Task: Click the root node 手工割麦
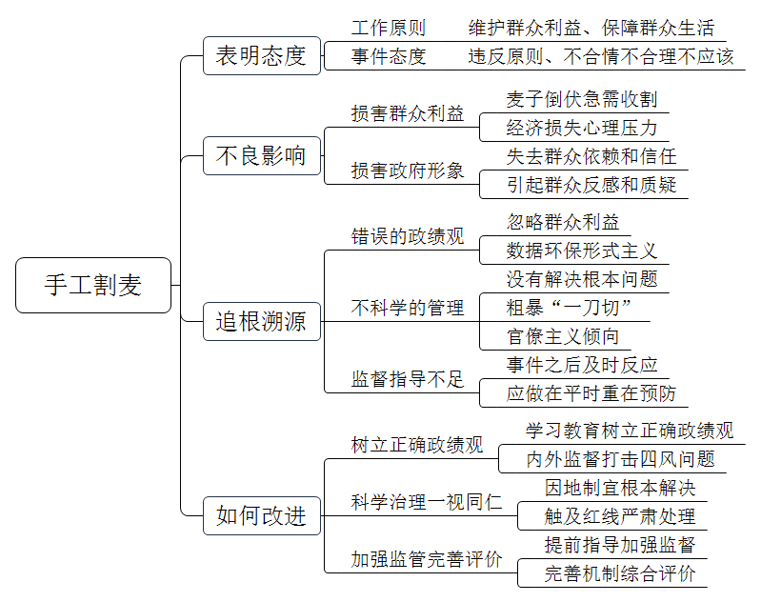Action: pyautogui.click(x=93, y=285)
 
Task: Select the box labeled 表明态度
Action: pyautogui.click(x=262, y=56)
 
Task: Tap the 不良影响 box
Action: pyautogui.click(x=262, y=156)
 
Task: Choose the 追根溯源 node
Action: pyautogui.click(x=262, y=321)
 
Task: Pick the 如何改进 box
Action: pyautogui.click(x=262, y=515)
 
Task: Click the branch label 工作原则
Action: pyautogui.click(x=389, y=28)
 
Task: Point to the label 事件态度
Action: pyautogui.click(x=389, y=56)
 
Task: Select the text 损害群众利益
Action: pyautogui.click(x=408, y=113)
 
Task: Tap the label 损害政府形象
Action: pyautogui.click(x=408, y=171)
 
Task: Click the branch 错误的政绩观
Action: pyautogui.click(x=408, y=236)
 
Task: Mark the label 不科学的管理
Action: pyautogui.click(x=408, y=308)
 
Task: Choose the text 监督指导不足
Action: pyautogui.click(x=408, y=379)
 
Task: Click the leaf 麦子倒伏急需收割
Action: pyautogui.click(x=581, y=99)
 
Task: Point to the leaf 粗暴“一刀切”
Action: pyautogui.click(x=569, y=308)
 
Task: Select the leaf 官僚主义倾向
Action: pyautogui.click(x=563, y=336)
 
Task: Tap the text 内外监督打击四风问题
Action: pyautogui.click(x=620, y=459)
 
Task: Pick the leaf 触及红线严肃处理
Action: pyautogui.click(x=620, y=516)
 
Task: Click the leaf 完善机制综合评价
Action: pyautogui.click(x=620, y=573)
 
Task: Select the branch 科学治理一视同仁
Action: pyautogui.click(x=427, y=502)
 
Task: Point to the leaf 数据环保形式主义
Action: pyautogui.click(x=581, y=251)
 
